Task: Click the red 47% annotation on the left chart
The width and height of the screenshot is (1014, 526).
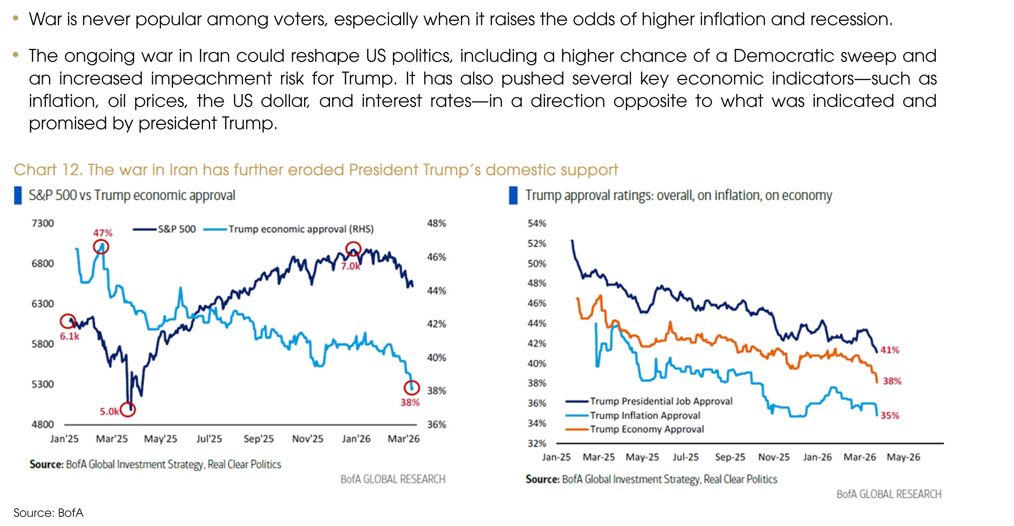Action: pos(103,233)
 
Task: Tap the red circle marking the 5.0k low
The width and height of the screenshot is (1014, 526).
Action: pos(128,410)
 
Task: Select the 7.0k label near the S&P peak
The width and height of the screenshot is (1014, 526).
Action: pos(350,266)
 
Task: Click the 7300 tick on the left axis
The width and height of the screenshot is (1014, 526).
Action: pos(43,223)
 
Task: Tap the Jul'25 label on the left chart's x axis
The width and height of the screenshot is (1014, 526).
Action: pos(209,439)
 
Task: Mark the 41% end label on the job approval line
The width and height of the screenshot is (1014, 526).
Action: pos(890,349)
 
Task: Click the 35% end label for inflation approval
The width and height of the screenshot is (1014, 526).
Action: pos(890,415)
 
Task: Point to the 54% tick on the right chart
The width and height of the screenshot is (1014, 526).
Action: pos(537,223)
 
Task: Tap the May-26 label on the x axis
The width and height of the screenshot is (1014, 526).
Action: pos(903,457)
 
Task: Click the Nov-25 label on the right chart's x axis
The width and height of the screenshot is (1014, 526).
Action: pos(774,457)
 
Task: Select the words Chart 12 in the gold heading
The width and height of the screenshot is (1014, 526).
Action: pos(47,170)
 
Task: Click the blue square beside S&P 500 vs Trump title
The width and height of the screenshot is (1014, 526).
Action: pos(18,195)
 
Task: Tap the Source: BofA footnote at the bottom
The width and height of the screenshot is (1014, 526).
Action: pos(48,513)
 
